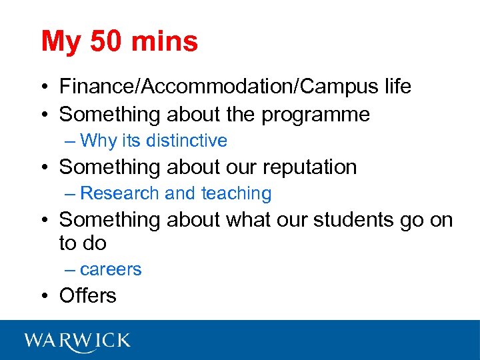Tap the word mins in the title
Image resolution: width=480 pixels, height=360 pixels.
[x=165, y=41]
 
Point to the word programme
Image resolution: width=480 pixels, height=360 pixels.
[x=315, y=115]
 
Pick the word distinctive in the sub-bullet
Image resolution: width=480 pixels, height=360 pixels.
[x=187, y=141]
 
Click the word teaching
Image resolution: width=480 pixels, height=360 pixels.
[x=236, y=194]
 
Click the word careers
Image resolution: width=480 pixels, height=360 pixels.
[x=111, y=270]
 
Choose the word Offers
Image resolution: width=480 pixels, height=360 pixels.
[x=87, y=295]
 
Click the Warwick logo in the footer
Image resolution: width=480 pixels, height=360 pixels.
[x=77, y=341]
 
